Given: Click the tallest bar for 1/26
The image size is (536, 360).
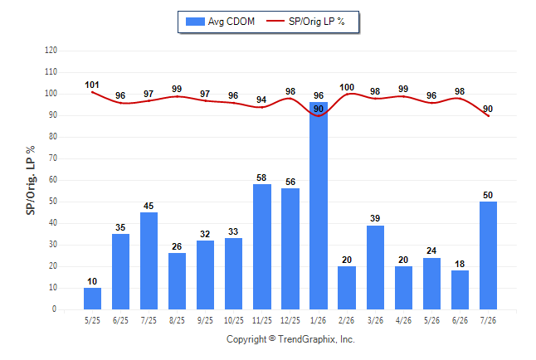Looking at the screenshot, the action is click(319, 206).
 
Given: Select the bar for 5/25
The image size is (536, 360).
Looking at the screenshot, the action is click(92, 299).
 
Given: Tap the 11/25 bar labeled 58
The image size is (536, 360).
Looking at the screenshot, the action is click(262, 247).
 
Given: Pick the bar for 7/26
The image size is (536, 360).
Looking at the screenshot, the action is click(488, 255).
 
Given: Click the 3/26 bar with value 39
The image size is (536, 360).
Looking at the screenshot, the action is click(375, 267).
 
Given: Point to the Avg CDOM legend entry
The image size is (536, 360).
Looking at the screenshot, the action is click(220, 22).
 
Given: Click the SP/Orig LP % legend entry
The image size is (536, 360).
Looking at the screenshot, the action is click(305, 22).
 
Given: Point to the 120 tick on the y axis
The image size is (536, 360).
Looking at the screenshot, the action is click(51, 51).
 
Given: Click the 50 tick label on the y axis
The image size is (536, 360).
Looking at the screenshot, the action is click(52, 202).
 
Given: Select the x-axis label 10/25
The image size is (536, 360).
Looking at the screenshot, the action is click(234, 320).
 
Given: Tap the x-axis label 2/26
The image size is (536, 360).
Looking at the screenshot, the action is click(347, 320).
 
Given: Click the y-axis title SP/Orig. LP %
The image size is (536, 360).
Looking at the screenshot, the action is click(31, 180).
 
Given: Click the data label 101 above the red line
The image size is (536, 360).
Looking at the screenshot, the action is click(92, 85).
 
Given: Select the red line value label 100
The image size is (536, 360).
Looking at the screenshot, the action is click(347, 88).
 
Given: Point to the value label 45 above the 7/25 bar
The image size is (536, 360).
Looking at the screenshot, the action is click(149, 206).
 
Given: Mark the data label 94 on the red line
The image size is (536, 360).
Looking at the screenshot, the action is click(261, 100).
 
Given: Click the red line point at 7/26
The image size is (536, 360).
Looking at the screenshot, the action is click(488, 116).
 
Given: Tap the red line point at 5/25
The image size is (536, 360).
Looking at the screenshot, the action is click(92, 92).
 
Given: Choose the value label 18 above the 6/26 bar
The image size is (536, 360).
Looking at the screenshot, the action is click(460, 264).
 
